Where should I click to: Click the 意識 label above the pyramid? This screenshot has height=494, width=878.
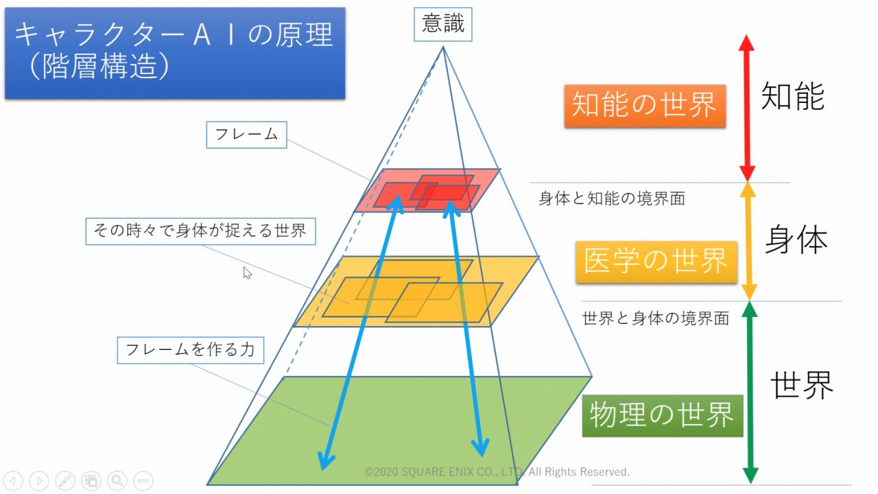coord(443,25)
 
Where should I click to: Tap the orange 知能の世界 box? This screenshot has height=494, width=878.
coord(644,106)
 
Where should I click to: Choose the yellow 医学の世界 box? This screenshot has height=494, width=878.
coord(656,261)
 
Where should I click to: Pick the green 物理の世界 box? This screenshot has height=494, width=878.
coord(662,415)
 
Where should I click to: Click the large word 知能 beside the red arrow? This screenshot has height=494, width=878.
coord(792,97)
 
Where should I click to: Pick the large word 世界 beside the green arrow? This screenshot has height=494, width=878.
coord(801,385)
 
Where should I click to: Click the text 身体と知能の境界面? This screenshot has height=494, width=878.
coord(612,199)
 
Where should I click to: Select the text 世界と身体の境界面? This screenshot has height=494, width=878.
coord(655,318)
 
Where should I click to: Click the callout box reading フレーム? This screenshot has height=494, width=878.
coord(246,134)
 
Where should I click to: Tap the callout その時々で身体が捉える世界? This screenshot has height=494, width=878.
coord(200,231)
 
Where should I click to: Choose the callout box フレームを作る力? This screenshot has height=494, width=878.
coord(190,349)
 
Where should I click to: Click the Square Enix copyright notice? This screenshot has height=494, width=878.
coord(497,472)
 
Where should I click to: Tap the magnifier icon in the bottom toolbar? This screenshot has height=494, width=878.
coord(117,480)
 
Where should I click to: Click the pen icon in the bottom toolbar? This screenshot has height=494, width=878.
coord(65,480)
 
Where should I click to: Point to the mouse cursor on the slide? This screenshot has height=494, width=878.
coord(247,272)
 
